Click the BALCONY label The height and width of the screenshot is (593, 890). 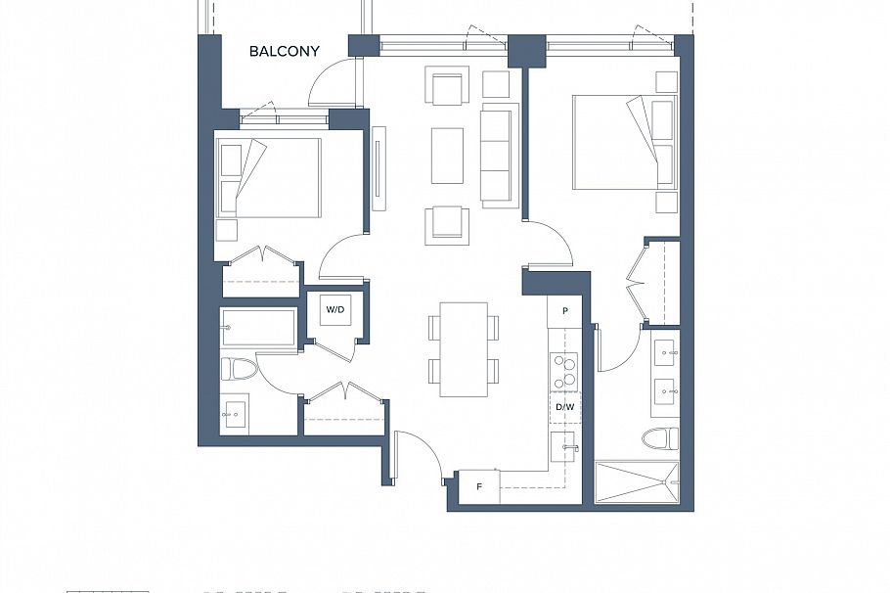pyautogui.click(x=284, y=51)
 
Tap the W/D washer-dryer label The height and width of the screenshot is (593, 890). pyautogui.click(x=335, y=309)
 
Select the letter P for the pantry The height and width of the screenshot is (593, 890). pyautogui.click(x=564, y=310)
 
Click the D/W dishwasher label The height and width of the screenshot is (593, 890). pyautogui.click(x=564, y=406)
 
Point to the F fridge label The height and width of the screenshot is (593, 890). pyautogui.click(x=479, y=486)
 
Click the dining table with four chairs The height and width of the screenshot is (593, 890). pyautogui.click(x=464, y=349)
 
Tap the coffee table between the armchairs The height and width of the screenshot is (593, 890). pyautogui.click(x=447, y=155)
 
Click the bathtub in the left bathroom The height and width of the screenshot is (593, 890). pyautogui.click(x=259, y=328)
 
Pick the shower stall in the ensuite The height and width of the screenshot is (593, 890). pyautogui.click(x=637, y=482)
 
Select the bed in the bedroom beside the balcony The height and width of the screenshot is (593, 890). pyautogui.click(x=270, y=177)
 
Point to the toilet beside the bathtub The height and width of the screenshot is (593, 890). pyautogui.click(x=239, y=370)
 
